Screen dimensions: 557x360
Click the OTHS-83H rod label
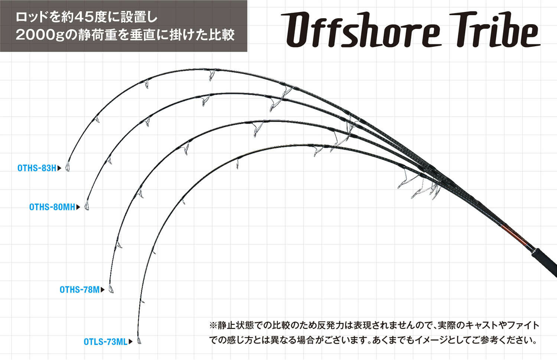[37, 168]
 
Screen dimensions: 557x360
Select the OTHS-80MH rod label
[52, 207]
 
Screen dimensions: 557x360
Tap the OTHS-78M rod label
[79, 289]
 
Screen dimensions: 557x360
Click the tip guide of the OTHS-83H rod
[68, 168]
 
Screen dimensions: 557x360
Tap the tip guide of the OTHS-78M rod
[111, 289]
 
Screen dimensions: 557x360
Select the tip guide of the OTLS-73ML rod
[140, 341]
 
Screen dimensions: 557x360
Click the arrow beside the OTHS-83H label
[59, 168]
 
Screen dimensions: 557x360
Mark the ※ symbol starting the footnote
[213, 325]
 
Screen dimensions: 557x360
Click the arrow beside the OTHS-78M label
[103, 289]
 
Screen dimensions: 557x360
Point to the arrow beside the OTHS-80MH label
[78, 207]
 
